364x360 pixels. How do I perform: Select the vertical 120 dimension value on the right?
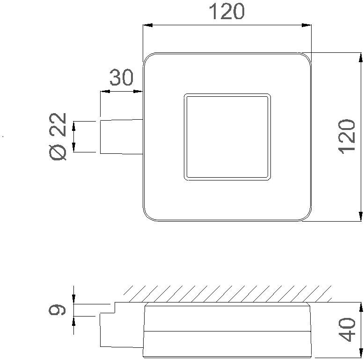(x=347, y=136)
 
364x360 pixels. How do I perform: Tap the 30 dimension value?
(x=121, y=78)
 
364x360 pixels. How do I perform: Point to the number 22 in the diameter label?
(x=59, y=125)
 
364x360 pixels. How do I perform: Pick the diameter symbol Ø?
(x=59, y=152)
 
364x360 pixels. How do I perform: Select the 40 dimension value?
(x=347, y=329)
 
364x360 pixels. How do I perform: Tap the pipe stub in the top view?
(x=121, y=136)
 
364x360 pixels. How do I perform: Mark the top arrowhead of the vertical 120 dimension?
(x=361, y=58)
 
